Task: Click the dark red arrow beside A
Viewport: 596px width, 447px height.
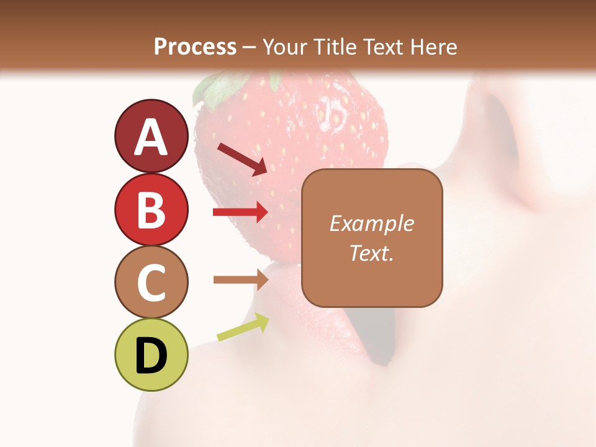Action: tap(242, 158)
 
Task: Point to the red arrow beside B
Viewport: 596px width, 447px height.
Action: tap(240, 212)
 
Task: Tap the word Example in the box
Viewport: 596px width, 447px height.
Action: tap(372, 223)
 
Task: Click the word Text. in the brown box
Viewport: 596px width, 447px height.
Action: tap(372, 253)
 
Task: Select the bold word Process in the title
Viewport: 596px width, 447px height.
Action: tap(195, 47)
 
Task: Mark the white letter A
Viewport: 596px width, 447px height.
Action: tap(151, 137)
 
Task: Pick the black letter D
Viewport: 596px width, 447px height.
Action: tap(151, 355)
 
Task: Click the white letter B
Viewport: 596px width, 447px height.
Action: tap(151, 210)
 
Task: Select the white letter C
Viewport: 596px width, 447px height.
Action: tap(151, 282)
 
